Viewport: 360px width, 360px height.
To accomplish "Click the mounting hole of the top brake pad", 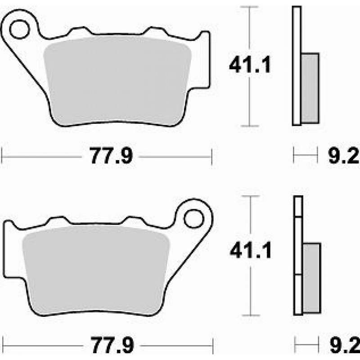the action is (19, 29).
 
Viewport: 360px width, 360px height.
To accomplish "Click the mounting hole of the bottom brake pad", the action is (194, 219).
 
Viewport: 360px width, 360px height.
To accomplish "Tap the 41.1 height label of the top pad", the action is (250, 65).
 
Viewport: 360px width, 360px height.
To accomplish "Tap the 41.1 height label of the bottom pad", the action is (251, 250).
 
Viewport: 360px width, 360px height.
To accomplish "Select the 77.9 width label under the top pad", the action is (111, 156).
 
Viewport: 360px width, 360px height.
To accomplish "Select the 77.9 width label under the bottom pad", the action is (112, 345).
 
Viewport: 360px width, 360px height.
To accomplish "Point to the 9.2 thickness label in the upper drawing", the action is (344, 155).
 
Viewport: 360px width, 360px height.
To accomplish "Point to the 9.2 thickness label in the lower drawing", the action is (345, 345).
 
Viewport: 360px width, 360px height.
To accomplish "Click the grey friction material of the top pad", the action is (117, 81).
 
